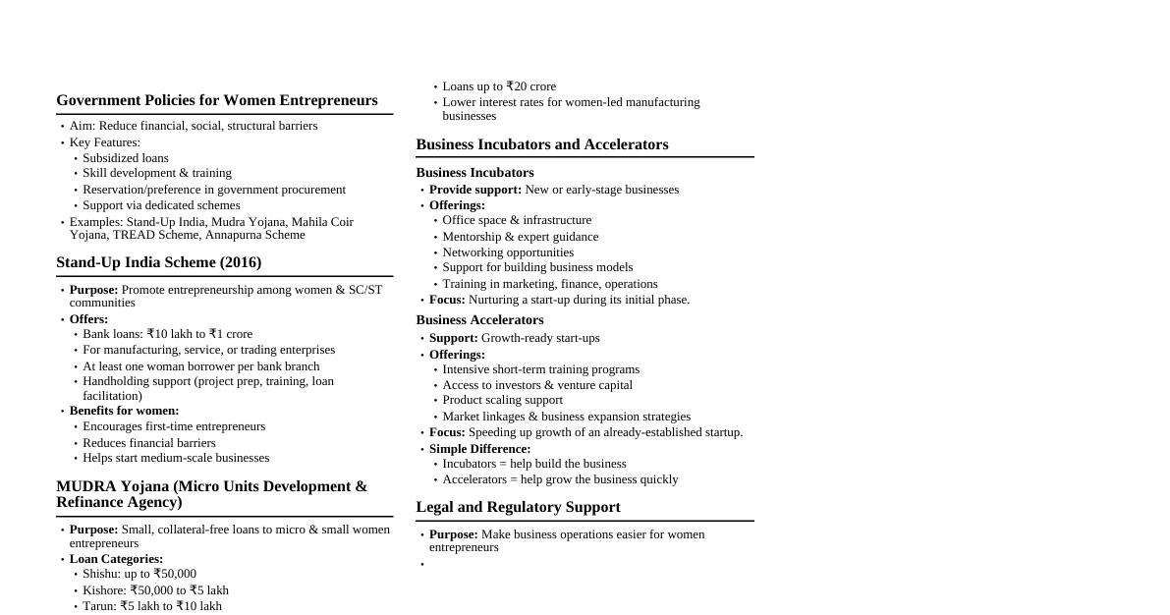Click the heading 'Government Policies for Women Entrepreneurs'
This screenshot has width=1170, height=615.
[216, 100]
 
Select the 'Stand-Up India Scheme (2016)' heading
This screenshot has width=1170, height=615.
[158, 262]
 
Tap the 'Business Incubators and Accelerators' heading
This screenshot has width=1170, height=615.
[541, 144]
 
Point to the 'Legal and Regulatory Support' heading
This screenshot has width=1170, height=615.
[518, 507]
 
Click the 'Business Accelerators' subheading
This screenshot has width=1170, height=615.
[479, 320]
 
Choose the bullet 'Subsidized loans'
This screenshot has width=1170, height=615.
[125, 158]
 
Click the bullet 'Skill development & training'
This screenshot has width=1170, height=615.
[156, 173]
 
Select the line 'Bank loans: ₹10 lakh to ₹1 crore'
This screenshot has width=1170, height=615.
[167, 334]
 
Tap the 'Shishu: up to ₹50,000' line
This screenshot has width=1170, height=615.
[139, 574]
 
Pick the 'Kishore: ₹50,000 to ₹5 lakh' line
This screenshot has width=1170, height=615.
[155, 590]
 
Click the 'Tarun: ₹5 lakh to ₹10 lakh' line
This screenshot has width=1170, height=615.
[151, 606]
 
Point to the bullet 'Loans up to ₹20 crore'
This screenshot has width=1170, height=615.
[498, 86]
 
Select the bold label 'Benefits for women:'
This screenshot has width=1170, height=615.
[124, 411]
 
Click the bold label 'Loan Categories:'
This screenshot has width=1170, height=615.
[116, 559]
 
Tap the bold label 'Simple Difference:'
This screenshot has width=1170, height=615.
[479, 449]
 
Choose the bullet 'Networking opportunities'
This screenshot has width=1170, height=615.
[508, 252]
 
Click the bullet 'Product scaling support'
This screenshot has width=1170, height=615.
[502, 400]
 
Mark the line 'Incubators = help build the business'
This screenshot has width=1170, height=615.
[533, 464]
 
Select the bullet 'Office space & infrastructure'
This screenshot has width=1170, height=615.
[517, 220]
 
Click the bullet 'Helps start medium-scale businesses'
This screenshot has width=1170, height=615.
[175, 458]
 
